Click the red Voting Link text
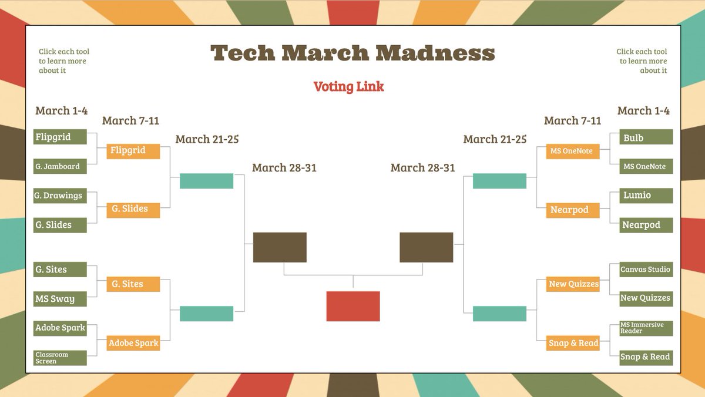tap(348, 87)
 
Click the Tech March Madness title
tap(352, 53)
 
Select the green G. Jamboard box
tap(60, 167)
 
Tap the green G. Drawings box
tap(60, 196)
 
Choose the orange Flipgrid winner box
tap(133, 151)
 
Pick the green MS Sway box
tap(60, 299)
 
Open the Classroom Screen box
tap(60, 358)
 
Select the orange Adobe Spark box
tap(133, 344)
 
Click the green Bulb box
tap(646, 137)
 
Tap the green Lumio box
tap(646, 196)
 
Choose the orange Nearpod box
tap(572, 210)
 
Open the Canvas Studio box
tap(646, 270)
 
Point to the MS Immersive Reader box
tap(646, 328)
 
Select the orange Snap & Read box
tap(572, 344)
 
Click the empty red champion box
tap(353, 306)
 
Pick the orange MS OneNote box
tap(572, 152)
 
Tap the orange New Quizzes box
tap(572, 284)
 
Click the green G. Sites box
tap(60, 270)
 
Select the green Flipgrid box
tap(60, 137)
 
